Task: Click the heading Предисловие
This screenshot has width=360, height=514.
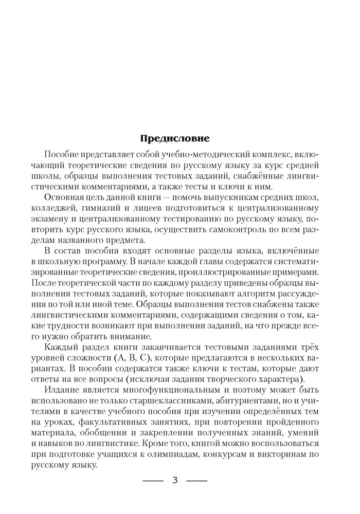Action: [175, 138]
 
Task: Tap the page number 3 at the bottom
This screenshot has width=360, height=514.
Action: [175, 481]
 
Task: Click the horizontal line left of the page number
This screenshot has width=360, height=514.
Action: [152, 481]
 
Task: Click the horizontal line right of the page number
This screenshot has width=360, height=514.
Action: [196, 481]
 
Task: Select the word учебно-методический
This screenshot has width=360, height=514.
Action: [194, 155]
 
